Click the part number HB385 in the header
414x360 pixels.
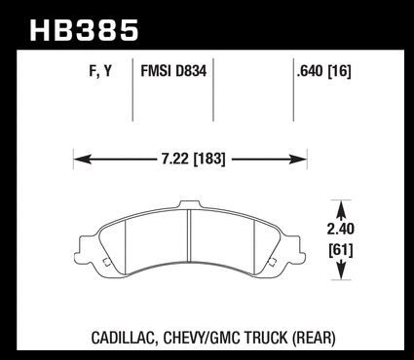(85, 30)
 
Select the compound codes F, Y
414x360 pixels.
(100, 71)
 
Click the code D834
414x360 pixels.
(191, 71)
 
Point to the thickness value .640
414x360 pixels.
(310, 71)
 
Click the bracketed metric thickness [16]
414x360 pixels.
(339, 71)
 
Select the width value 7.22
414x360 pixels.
(175, 160)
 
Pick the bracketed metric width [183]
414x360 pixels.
(209, 160)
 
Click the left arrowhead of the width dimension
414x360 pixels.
(83, 160)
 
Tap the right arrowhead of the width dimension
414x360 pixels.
(298, 160)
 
